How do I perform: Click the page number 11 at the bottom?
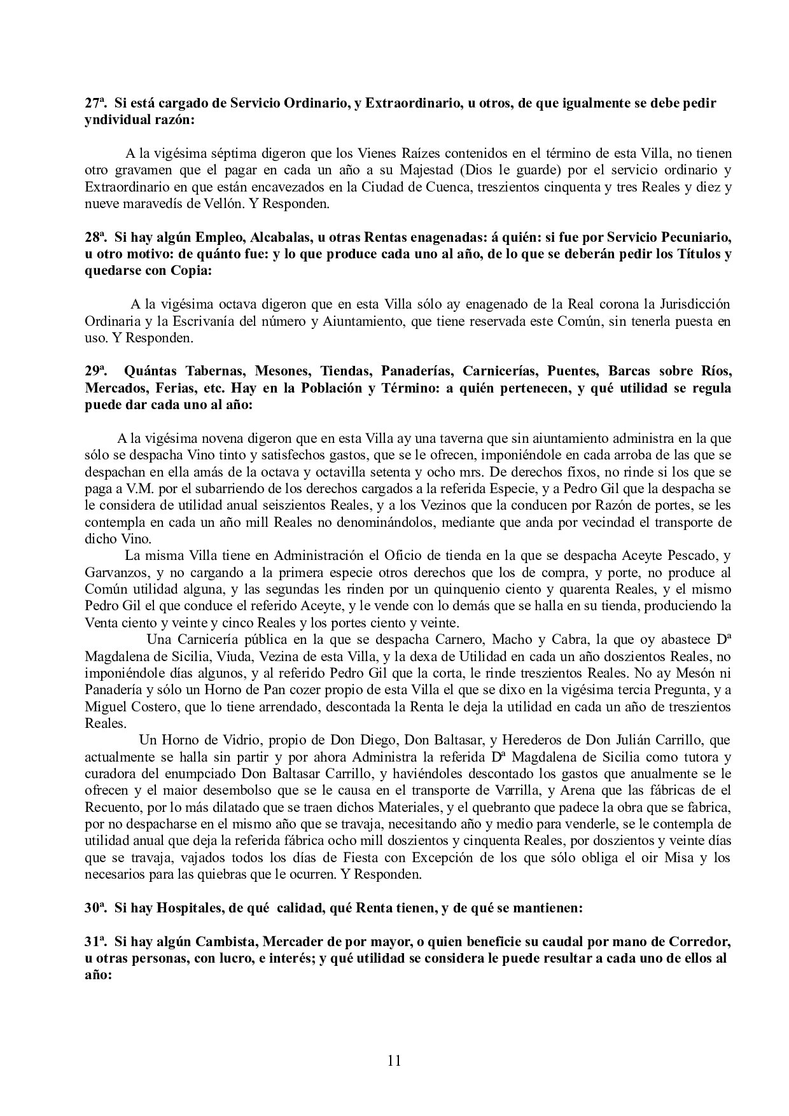click(394, 1060)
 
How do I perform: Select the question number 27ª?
click(95, 104)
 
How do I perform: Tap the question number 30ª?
click(95, 909)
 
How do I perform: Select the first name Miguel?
click(104, 707)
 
